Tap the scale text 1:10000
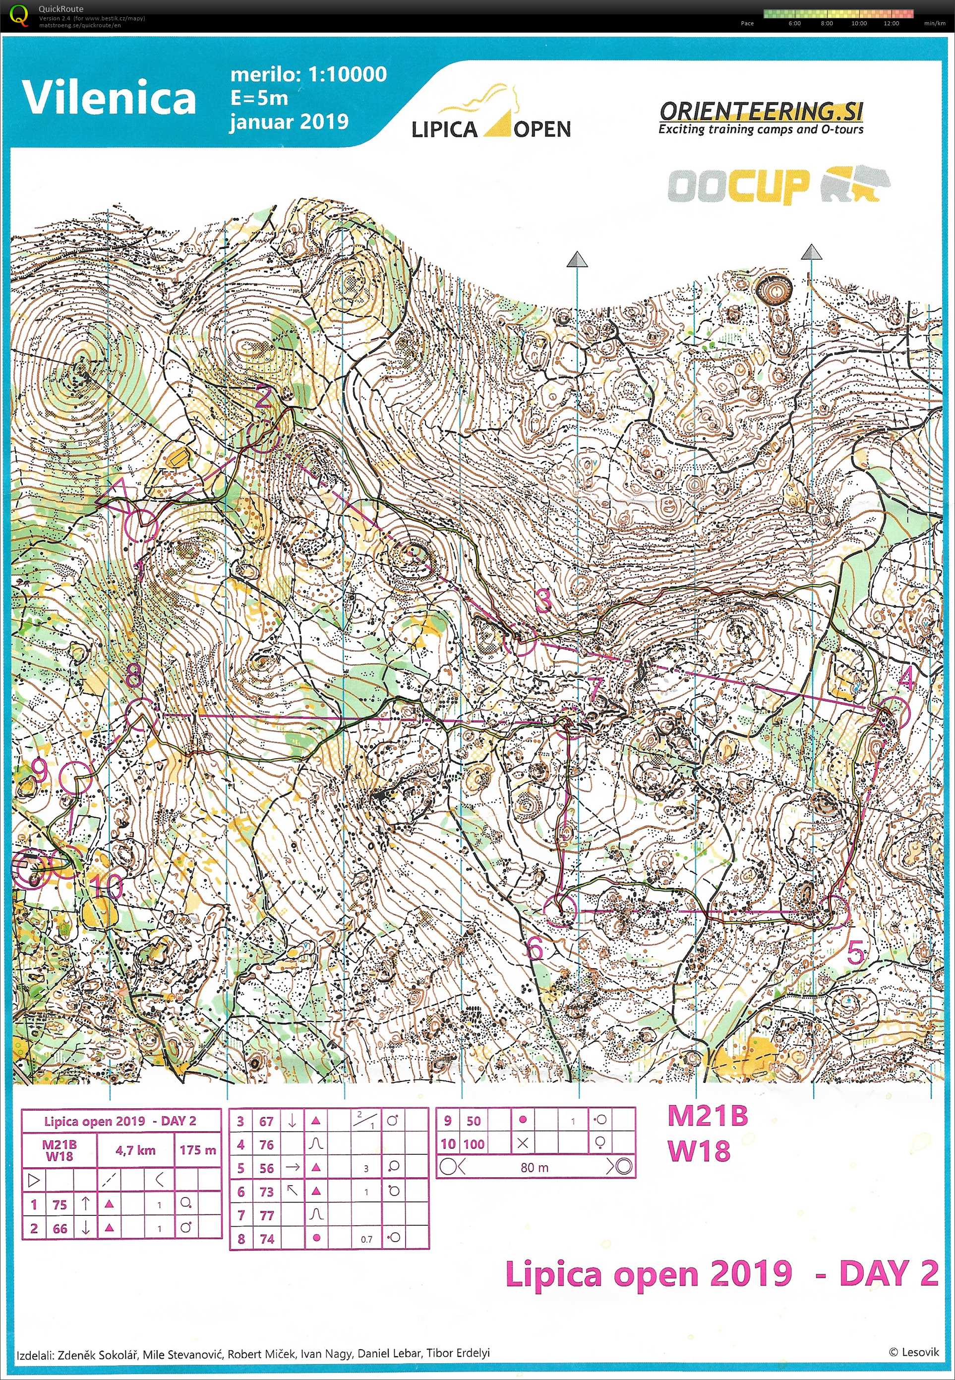(x=347, y=74)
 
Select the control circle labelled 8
(x=142, y=714)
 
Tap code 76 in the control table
(x=266, y=1145)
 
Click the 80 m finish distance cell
(x=535, y=1168)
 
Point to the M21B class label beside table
(x=707, y=1116)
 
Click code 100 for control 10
(x=474, y=1144)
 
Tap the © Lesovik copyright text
(x=913, y=1351)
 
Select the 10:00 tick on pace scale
(x=859, y=23)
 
